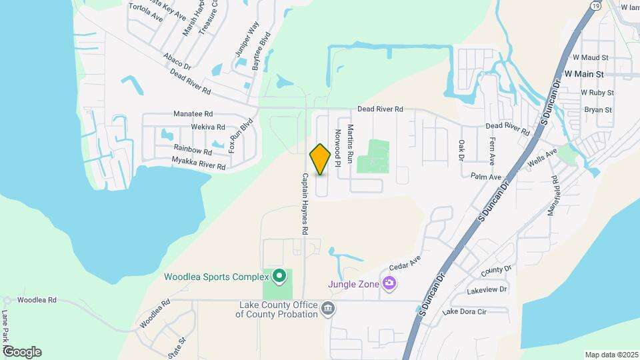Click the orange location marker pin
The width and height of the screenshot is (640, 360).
(321, 159)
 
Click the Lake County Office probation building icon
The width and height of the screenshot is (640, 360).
(328, 307)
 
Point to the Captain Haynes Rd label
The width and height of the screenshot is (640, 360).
(304, 203)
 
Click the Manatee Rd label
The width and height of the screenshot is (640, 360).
(193, 114)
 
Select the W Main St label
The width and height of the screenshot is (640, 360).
(583, 74)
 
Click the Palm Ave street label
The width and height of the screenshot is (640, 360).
(485, 177)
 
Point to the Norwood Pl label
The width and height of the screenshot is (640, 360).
(338, 147)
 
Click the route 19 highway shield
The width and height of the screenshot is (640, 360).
(593, 5)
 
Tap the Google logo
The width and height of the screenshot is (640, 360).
(22, 352)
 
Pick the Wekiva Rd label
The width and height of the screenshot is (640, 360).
(208, 127)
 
